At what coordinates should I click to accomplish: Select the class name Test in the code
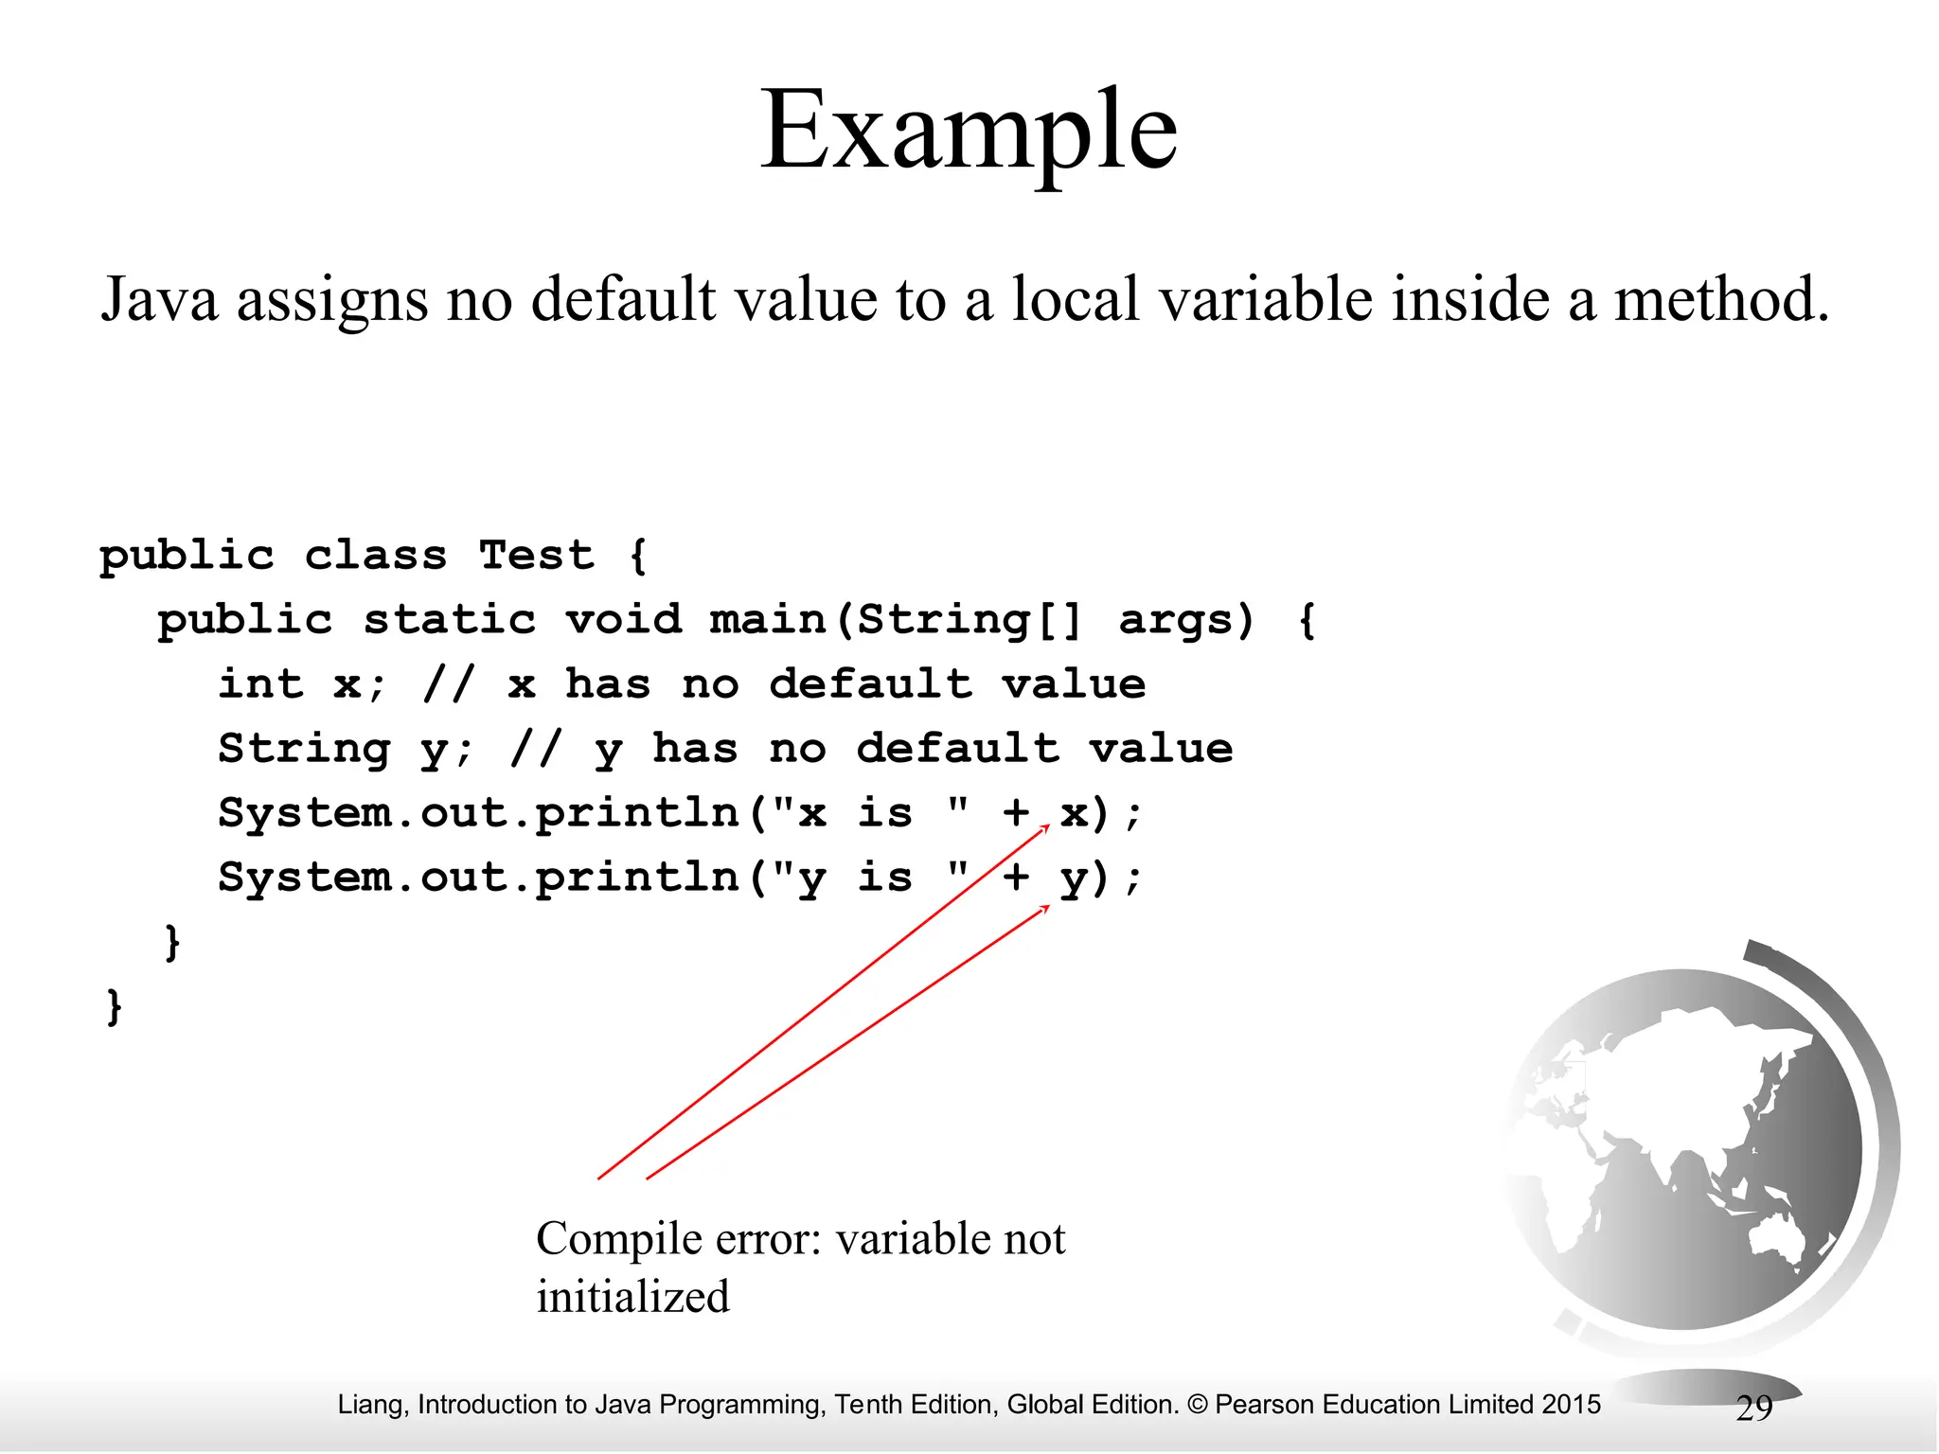click(536, 555)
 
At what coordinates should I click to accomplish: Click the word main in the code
click(767, 620)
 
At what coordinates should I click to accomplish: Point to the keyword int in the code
click(260, 684)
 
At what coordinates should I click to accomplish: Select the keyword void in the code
click(623, 620)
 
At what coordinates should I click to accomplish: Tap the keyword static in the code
click(450, 620)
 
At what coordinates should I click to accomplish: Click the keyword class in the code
click(375, 555)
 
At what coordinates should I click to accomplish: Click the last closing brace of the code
click(114, 1006)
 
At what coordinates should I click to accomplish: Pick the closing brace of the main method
click(172, 942)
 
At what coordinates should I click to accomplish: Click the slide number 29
click(1753, 1409)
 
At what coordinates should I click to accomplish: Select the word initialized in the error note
click(632, 1297)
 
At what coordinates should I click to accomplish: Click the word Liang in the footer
click(372, 1405)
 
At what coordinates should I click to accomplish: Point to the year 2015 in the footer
click(1570, 1405)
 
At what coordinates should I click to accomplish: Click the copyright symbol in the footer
click(1197, 1405)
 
